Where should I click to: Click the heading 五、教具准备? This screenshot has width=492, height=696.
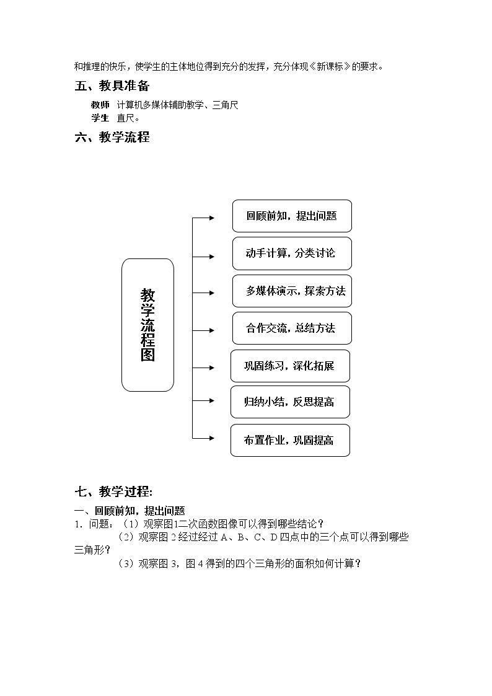coord(112,86)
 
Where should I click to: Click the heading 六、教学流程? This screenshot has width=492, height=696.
coord(112,137)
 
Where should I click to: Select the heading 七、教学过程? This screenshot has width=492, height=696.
coord(113,491)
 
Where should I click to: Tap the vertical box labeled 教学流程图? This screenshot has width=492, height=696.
coord(147,325)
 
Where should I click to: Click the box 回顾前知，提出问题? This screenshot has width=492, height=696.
coord(292,216)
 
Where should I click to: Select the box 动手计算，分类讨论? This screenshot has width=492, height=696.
coord(292,253)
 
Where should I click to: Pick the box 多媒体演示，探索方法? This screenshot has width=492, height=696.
coord(292,291)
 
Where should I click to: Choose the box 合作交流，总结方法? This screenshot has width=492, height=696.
coord(292,328)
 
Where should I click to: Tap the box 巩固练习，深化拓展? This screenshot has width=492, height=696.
coord(290,366)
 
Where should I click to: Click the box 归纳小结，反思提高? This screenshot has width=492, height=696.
coord(290,402)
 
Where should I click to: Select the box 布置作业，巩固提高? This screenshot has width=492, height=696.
coord(290,440)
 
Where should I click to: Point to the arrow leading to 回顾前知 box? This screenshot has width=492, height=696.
coord(203,218)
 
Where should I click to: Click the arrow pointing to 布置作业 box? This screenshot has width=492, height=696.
coord(203,438)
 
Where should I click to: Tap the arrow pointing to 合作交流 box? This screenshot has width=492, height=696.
coord(203,330)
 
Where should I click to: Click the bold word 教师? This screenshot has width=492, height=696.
coord(100,105)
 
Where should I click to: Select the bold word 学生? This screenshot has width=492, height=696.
coord(100,118)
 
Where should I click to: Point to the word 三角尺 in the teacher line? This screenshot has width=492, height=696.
coord(226,105)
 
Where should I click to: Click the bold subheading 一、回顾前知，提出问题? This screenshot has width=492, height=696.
coord(130,511)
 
